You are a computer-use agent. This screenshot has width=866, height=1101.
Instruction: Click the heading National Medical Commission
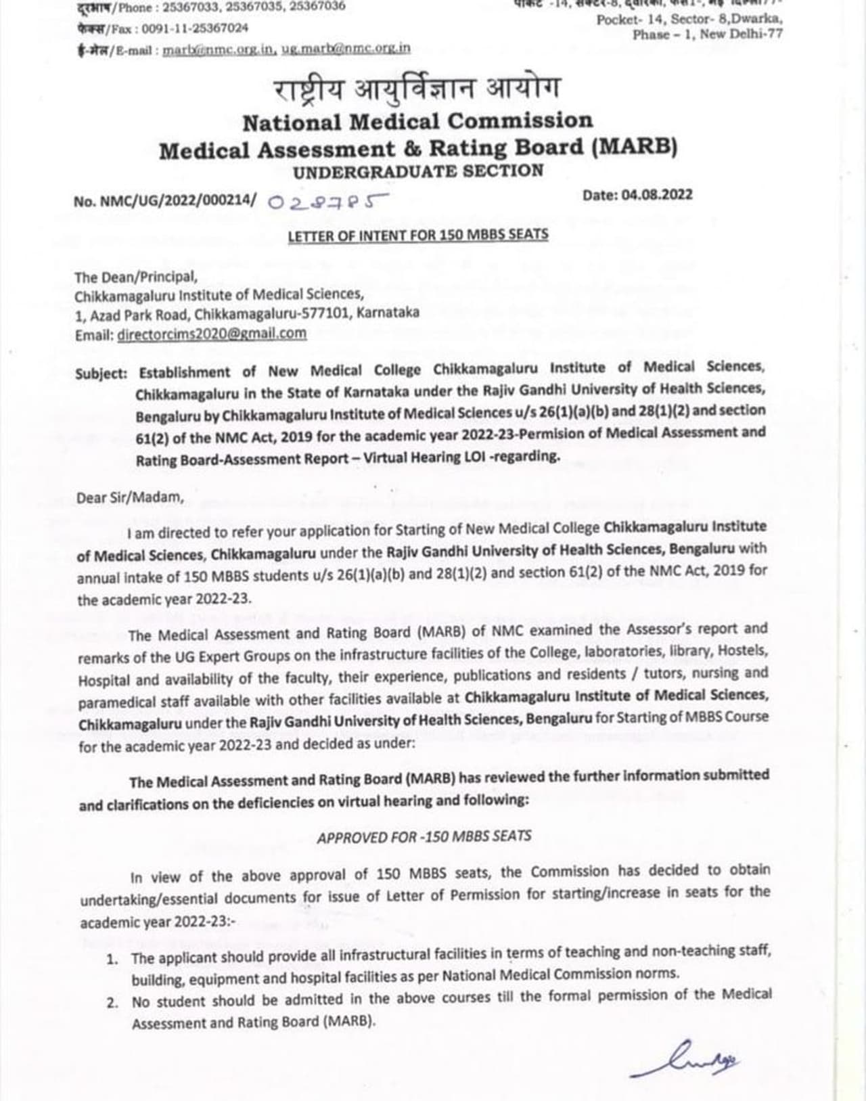point(417,122)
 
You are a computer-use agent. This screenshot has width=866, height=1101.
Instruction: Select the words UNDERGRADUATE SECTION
point(417,171)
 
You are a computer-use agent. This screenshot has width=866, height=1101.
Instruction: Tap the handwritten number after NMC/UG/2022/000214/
point(328,202)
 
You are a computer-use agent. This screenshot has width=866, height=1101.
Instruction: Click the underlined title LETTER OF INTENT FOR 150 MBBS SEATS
point(417,235)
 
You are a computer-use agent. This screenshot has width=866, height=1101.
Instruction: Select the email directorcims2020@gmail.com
point(212,334)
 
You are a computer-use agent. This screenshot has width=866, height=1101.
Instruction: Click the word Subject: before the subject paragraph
point(101,373)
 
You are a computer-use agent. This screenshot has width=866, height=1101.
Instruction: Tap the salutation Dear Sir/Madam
point(130,498)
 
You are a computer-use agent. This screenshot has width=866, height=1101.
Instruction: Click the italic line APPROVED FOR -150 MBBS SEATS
point(424,836)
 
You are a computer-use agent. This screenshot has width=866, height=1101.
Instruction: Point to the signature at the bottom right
point(685,1060)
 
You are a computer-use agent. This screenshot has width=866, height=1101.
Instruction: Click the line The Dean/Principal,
point(136,277)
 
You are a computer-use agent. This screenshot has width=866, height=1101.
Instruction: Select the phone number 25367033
point(183,6)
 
